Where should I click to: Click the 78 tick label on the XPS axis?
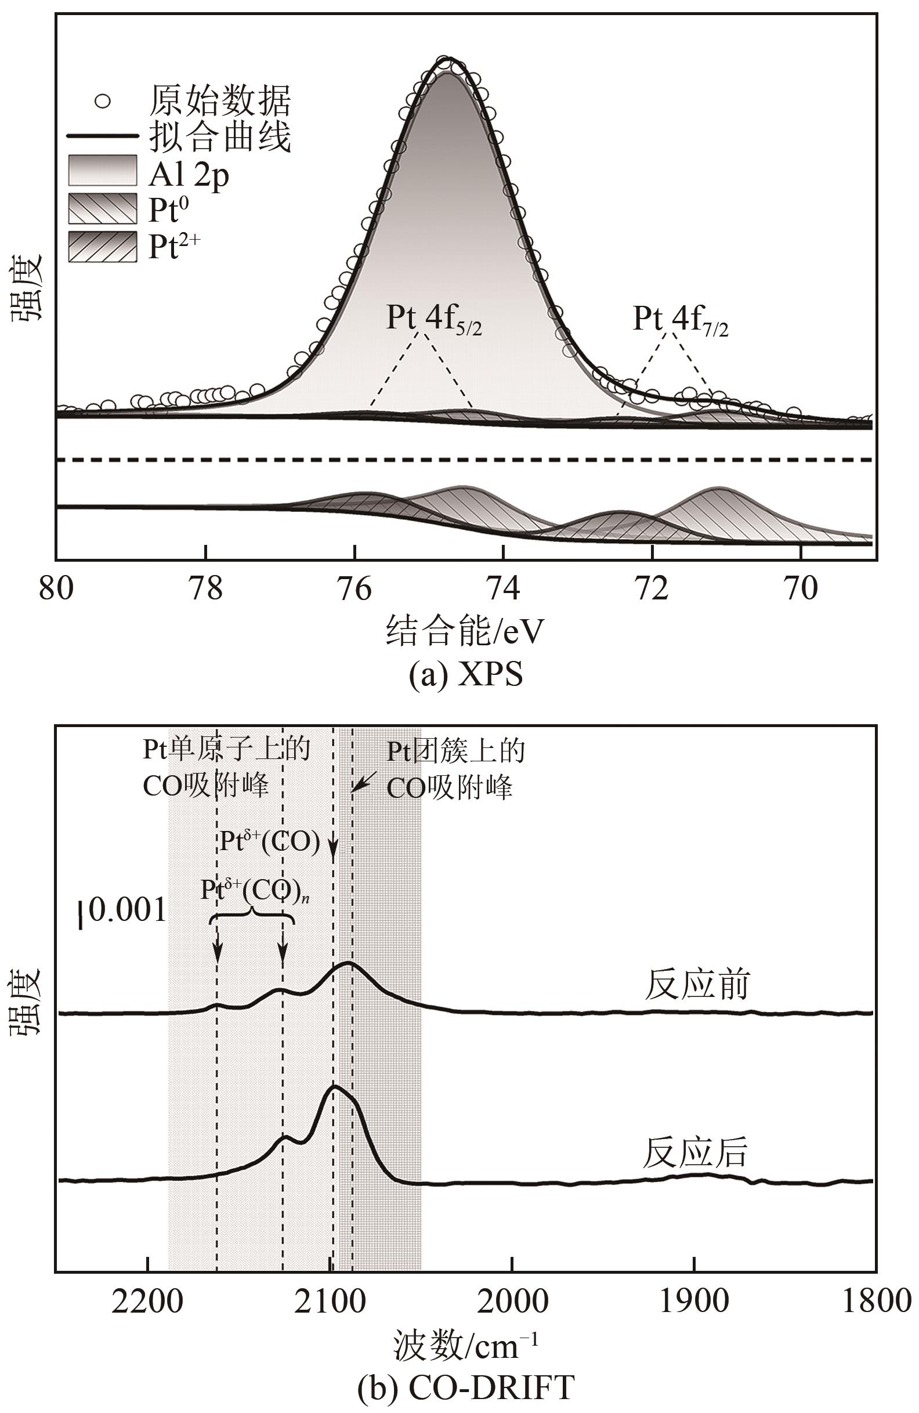click(x=205, y=588)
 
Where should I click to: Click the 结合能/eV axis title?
click(x=464, y=631)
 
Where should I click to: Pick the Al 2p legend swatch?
click(x=103, y=171)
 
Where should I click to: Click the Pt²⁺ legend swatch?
click(x=103, y=247)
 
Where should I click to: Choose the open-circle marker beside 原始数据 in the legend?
click(x=103, y=101)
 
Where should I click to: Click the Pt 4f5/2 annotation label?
click(x=433, y=319)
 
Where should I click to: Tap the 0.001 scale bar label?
click(x=127, y=910)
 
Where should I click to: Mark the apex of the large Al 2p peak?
click(x=448, y=59)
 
